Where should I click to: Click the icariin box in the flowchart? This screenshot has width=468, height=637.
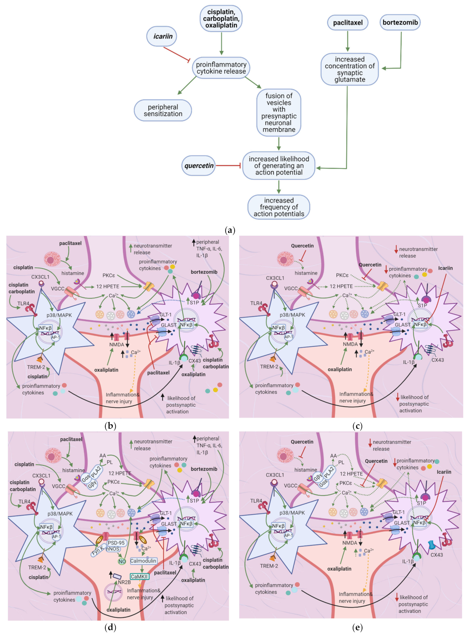(162, 36)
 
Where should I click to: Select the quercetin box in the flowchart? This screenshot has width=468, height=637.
(199, 166)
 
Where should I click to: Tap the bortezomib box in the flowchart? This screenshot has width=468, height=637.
(400, 22)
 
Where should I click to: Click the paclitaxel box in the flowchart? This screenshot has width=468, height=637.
(348, 23)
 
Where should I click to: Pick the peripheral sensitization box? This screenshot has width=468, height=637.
(163, 110)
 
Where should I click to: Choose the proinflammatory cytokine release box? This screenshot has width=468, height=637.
(221, 68)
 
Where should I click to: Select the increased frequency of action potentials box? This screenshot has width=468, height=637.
(279, 207)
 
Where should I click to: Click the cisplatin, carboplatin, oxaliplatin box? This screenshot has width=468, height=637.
(221, 18)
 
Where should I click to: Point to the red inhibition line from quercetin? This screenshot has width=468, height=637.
(228, 166)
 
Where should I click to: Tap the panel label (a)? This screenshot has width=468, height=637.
(230, 230)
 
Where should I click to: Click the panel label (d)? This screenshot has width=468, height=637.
(110, 627)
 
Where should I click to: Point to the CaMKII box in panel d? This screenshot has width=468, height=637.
(140, 576)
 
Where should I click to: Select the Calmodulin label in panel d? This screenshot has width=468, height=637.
(143, 561)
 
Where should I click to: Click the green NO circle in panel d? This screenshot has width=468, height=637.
(122, 561)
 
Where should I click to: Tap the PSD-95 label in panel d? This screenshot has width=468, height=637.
(116, 543)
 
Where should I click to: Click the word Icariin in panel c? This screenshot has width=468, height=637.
(445, 268)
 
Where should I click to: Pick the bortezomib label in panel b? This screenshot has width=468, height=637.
(204, 272)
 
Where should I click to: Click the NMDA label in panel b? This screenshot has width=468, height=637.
(117, 344)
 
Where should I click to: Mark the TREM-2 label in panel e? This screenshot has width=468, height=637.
(269, 566)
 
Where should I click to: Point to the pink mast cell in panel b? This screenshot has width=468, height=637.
(53, 259)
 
